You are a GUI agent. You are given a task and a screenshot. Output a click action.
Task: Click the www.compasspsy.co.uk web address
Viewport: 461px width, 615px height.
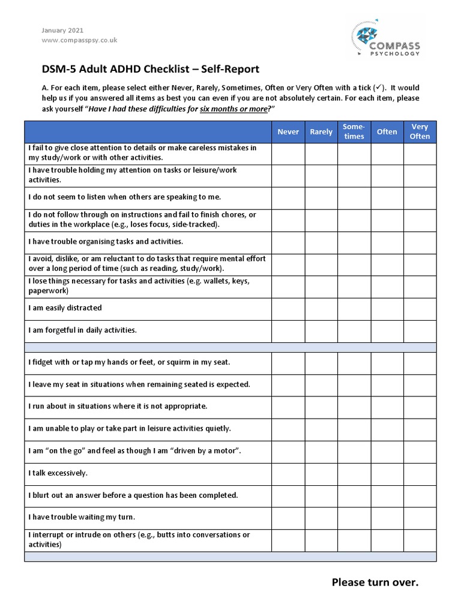pos(79,40)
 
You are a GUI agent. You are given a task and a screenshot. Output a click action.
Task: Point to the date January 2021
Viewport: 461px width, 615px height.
pos(62,30)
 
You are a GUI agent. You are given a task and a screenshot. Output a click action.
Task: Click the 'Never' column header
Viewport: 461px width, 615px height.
pos(288,132)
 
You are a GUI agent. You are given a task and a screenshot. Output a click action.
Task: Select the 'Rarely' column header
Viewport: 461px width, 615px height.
pos(321,132)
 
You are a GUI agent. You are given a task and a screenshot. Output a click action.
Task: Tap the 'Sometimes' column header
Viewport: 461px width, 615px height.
pos(354,132)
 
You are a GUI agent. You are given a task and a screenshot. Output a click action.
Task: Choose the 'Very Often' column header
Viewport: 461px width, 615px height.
pos(420,132)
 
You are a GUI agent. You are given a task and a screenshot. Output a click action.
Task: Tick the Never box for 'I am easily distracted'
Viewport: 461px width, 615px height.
pos(288,309)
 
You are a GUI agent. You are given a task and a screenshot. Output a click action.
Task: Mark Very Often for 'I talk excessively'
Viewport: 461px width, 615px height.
pos(420,473)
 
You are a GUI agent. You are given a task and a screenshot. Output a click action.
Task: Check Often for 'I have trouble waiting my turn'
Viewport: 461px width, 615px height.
pos(387,518)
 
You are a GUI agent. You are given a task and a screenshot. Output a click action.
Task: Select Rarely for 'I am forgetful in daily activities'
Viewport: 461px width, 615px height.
pos(321,331)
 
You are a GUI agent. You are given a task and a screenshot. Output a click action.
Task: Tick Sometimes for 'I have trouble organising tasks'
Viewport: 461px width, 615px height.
pos(354,243)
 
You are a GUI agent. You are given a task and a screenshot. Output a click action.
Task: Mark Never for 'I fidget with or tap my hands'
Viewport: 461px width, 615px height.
pos(288,363)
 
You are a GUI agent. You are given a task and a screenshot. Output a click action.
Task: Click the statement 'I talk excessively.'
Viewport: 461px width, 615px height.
pos(58,473)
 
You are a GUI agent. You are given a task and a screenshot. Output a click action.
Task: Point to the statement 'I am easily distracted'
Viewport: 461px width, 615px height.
pos(65,308)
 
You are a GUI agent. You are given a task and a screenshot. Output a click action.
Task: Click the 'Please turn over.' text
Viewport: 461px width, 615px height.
pos(375,583)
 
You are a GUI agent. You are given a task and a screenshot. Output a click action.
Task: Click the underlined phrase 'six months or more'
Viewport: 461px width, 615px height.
pos(232,108)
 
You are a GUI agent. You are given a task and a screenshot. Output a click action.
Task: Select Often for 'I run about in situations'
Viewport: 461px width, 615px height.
pos(387,407)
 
